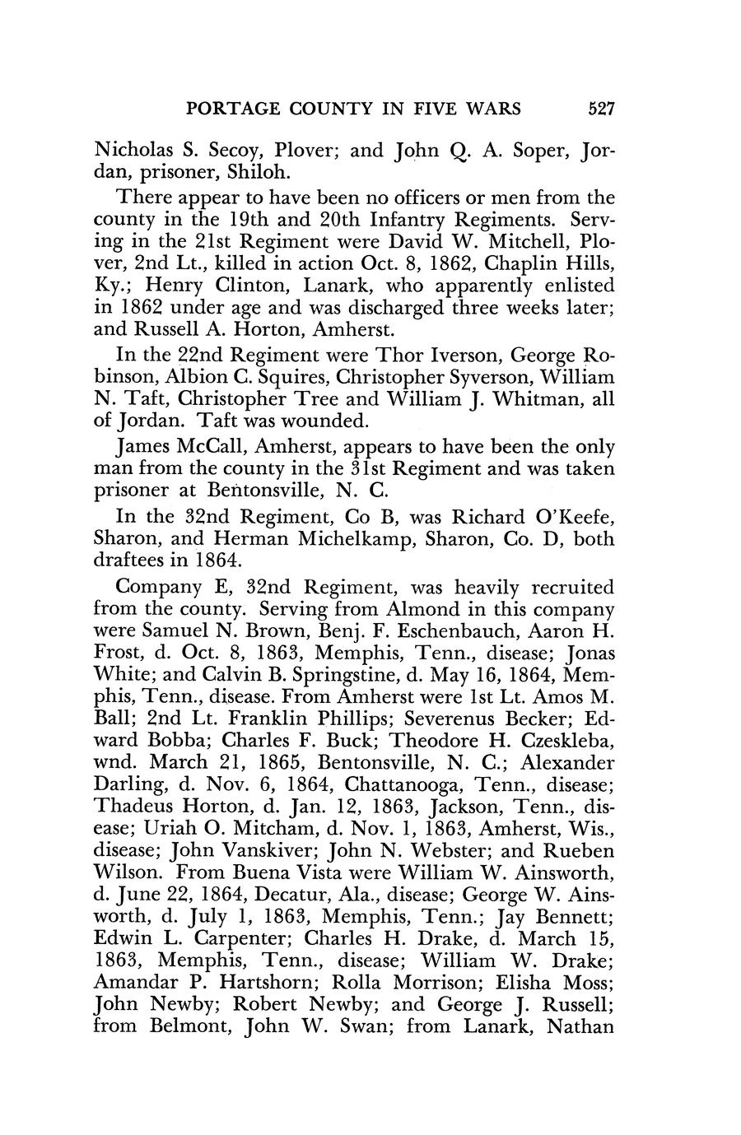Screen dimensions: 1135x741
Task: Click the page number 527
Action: (597, 108)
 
